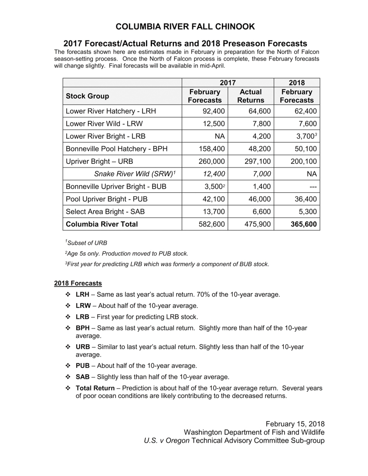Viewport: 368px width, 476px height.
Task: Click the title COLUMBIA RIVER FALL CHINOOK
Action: click(x=185, y=27)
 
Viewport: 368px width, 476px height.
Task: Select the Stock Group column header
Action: click(x=87, y=96)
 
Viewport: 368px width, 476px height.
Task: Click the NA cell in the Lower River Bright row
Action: click(x=219, y=137)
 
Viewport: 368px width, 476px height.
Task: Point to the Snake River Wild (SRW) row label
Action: click(x=136, y=174)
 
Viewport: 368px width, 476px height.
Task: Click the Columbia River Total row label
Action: click(x=101, y=224)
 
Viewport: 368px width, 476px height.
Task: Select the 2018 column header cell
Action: click(x=297, y=82)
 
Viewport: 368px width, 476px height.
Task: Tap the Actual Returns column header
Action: click(x=251, y=96)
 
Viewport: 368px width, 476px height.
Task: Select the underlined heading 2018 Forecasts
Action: click(x=78, y=283)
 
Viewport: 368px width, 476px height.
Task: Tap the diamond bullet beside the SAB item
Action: click(x=68, y=377)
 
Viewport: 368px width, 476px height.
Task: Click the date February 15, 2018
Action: click(x=295, y=423)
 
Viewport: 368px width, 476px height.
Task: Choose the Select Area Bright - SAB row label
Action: click(x=105, y=211)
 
